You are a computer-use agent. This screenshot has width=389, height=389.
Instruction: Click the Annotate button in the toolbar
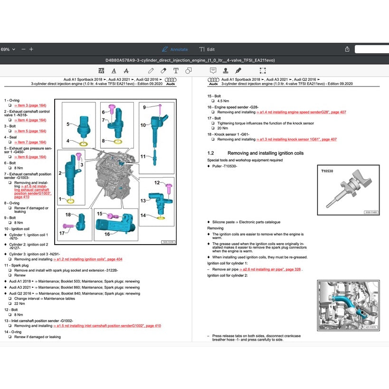(x=175, y=49)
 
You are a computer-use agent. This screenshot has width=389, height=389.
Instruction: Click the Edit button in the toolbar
(x=207, y=49)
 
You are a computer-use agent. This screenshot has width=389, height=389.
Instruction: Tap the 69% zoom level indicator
(x=7, y=49)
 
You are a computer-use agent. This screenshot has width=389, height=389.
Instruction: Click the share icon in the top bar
(x=347, y=49)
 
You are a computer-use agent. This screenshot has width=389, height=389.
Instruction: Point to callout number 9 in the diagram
(x=144, y=107)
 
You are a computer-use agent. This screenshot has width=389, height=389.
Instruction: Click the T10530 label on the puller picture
(x=327, y=171)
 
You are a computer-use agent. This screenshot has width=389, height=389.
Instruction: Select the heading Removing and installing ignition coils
(x=266, y=153)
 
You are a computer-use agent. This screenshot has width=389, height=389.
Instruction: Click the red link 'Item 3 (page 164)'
(x=31, y=105)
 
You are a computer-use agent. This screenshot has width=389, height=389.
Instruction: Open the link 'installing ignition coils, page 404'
(x=87, y=259)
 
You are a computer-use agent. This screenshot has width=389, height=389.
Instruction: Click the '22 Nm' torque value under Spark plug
(x=19, y=304)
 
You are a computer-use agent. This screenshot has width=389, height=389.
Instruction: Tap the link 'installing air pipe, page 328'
(x=271, y=269)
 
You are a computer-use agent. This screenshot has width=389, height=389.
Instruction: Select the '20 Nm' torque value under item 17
(x=222, y=128)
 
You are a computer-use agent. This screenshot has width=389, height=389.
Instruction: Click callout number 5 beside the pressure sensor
(x=68, y=124)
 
